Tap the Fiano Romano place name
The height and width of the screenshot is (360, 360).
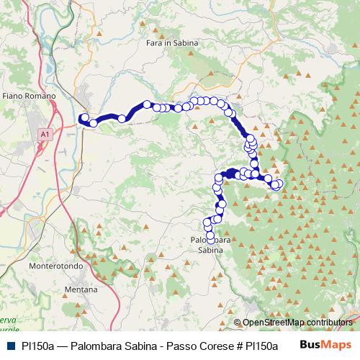pyautogui.click(x=25, y=95)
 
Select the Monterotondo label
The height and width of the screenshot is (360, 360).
pyautogui.click(x=53, y=265)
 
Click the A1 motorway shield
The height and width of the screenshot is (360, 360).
pyautogui.click(x=45, y=134)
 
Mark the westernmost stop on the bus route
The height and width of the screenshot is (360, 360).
pyautogui.click(x=84, y=117)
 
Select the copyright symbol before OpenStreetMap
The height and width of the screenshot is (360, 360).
pyautogui.click(x=238, y=323)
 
